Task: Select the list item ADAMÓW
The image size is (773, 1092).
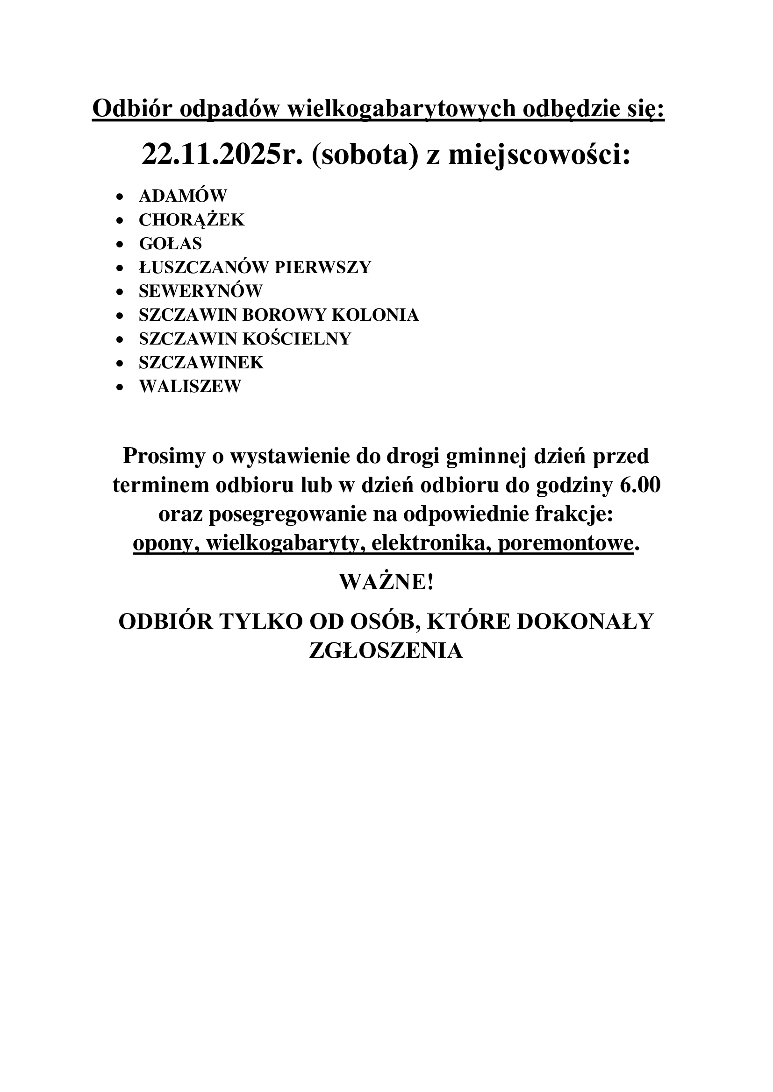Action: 183,196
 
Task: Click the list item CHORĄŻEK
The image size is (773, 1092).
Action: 191,220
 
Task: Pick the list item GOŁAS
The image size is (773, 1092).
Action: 171,244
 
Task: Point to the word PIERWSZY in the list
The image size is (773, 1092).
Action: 323,268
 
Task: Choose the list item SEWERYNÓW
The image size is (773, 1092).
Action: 200,291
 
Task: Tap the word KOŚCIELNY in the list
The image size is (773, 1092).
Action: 297,338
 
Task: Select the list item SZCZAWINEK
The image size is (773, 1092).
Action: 201,362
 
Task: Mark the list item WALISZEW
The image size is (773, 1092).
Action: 190,386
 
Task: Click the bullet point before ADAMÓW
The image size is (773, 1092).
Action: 120,197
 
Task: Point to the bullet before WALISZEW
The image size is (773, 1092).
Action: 120,387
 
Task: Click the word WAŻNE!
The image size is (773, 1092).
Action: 386,582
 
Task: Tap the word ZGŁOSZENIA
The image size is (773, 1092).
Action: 386,650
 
